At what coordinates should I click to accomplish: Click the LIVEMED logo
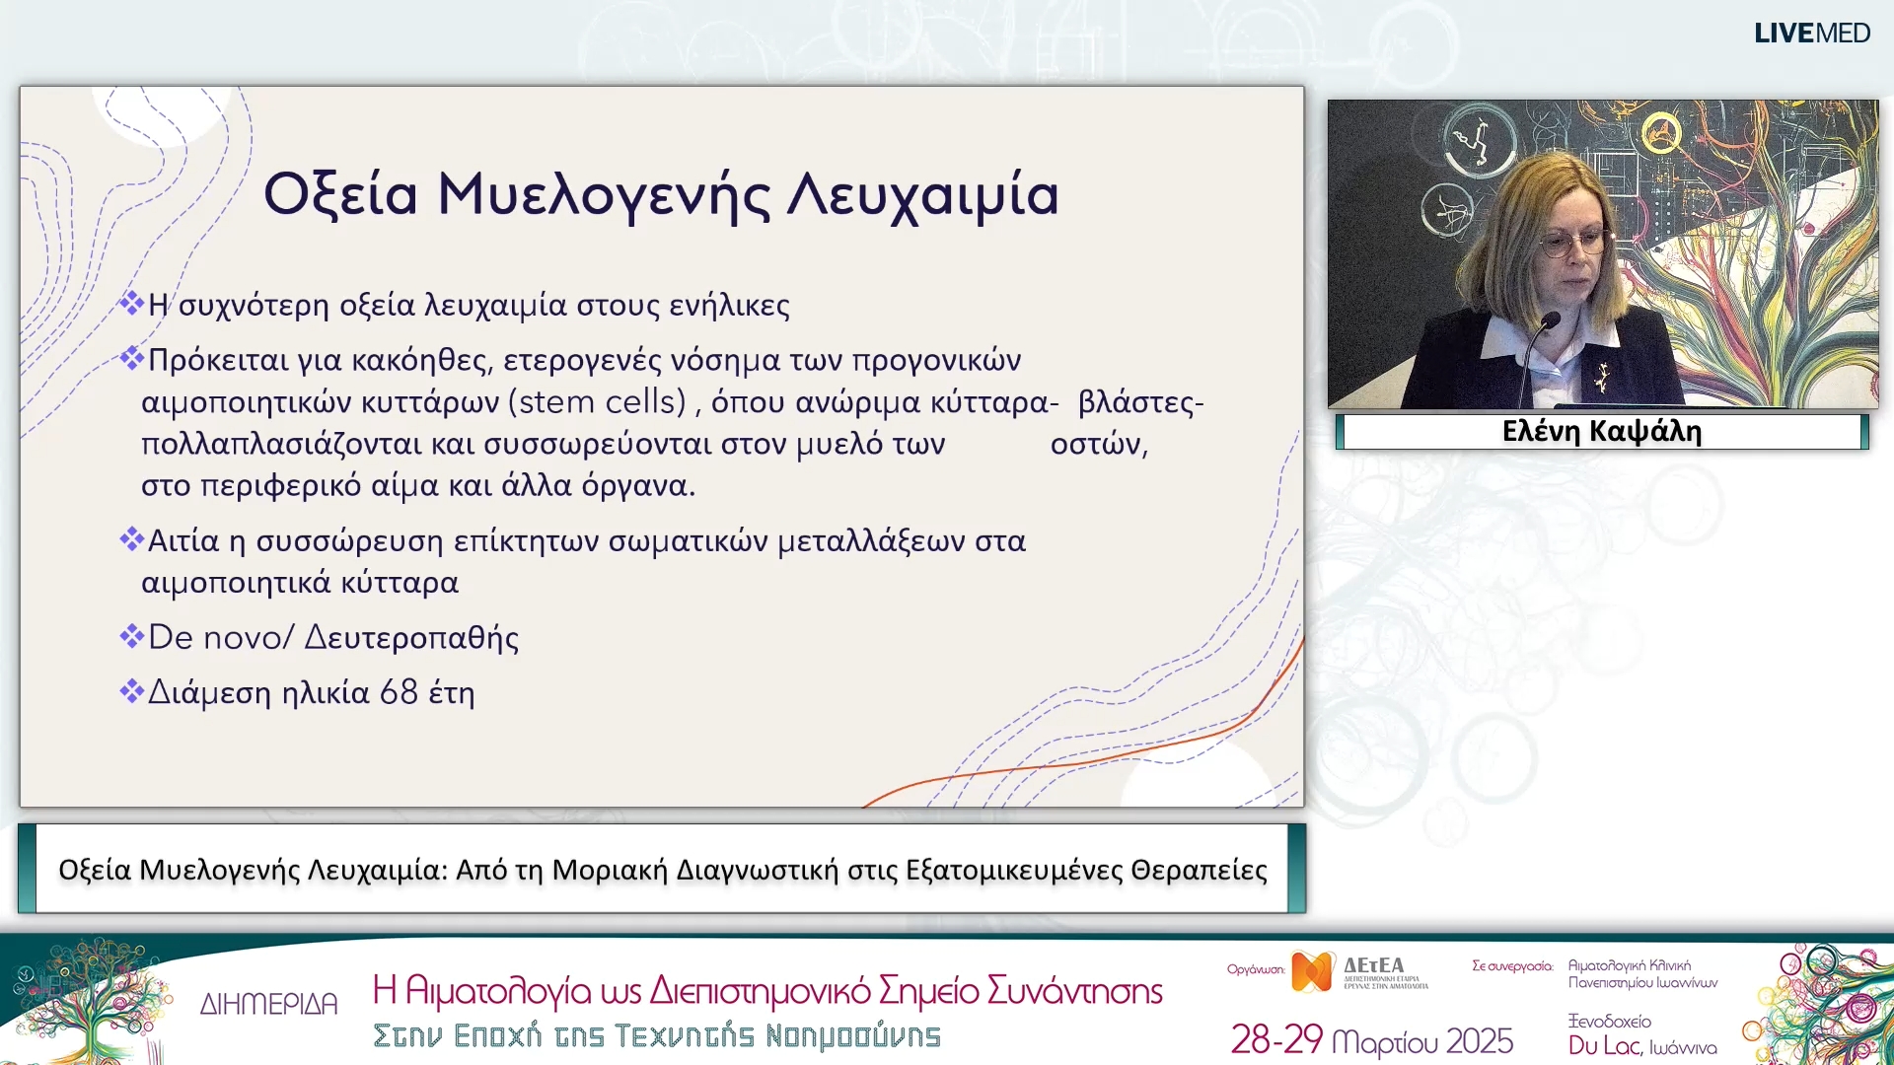tap(1811, 33)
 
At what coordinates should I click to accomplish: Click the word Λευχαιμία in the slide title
tap(923, 194)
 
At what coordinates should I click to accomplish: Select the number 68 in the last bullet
tap(399, 692)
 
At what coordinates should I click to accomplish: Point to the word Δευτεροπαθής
tap(411, 638)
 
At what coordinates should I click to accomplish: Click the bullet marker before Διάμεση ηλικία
tap(131, 690)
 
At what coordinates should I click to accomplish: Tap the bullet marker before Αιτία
tap(131, 538)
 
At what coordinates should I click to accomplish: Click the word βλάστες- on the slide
tap(1140, 402)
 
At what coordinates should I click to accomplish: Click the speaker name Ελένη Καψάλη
tap(1601, 432)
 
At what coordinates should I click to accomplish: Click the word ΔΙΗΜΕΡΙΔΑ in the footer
tap(268, 1004)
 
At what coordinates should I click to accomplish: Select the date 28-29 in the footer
tap(1275, 1040)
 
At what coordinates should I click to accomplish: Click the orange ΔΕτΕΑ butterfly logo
tap(1312, 972)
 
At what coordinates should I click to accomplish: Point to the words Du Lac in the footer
tap(1604, 1045)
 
